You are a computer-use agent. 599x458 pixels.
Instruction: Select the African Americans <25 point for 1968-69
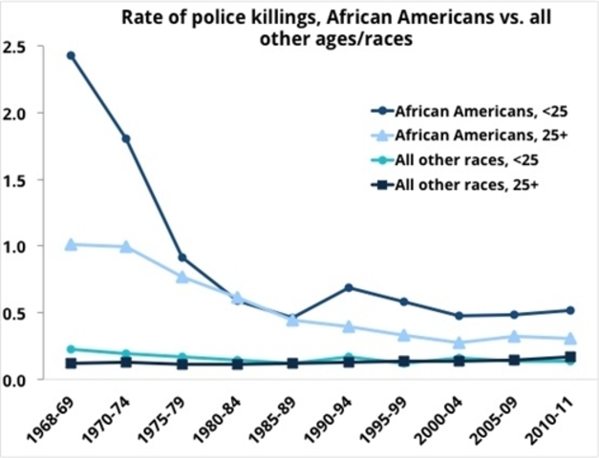click(x=71, y=55)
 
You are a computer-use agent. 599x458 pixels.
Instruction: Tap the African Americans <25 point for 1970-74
click(x=126, y=138)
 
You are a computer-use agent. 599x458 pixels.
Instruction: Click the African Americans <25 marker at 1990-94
click(x=350, y=287)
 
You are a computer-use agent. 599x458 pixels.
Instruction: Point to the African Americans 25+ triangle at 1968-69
click(x=71, y=244)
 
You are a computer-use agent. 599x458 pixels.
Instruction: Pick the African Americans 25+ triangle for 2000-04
click(x=460, y=343)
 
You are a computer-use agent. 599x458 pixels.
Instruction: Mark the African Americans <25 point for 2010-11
click(x=570, y=310)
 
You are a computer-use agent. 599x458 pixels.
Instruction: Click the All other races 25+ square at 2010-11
click(x=570, y=357)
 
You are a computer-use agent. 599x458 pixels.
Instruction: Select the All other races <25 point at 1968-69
click(x=71, y=349)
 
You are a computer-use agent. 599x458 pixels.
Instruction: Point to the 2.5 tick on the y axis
click(x=19, y=46)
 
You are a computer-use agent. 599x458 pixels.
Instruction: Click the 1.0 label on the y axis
click(x=19, y=246)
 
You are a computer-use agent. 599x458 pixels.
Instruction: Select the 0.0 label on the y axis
click(x=19, y=380)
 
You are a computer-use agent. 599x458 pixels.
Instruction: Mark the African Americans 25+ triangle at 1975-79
click(x=182, y=277)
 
